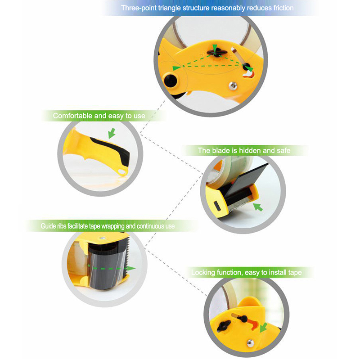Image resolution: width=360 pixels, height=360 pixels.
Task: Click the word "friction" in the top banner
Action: click(x=283, y=8)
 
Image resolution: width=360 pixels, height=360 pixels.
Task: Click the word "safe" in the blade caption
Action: click(x=283, y=151)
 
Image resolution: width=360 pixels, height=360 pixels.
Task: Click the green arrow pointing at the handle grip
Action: click(x=112, y=133)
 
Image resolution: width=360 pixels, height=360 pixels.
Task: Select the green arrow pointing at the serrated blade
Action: click(x=258, y=207)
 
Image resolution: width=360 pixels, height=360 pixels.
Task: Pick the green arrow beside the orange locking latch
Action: click(x=263, y=328)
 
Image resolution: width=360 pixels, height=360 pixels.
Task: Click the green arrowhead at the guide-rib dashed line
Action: click(x=131, y=268)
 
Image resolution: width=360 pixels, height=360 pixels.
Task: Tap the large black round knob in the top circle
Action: click(x=171, y=80)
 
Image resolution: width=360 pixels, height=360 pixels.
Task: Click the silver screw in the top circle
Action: click(x=233, y=85)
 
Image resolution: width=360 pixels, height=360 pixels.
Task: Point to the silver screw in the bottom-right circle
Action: click(x=250, y=343)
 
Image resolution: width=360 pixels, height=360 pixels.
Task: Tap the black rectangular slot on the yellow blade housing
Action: click(x=217, y=206)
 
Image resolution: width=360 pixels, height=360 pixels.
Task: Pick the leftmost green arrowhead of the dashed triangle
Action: click(x=177, y=68)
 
